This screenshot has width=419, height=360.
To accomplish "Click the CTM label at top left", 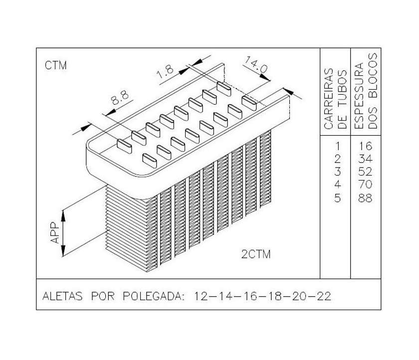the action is pos(55,65).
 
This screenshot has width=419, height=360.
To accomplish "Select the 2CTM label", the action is pos(256,254).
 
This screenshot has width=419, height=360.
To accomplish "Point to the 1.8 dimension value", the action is pos(165,71).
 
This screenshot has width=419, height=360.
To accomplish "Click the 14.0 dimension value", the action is pos(255,64).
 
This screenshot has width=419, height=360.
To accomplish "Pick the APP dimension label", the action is pos(55,233).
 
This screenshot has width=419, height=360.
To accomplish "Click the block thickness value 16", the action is pos(365,146).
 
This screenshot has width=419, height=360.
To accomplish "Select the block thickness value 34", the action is pos(365,159).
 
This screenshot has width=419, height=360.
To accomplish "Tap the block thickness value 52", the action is pos(365,172).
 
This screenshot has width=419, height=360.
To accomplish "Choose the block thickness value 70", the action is pos(365,184).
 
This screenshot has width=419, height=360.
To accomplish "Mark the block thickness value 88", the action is pos(365,198).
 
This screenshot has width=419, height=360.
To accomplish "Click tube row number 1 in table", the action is pos(338,146).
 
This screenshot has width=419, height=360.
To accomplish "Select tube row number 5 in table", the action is pos(338,198).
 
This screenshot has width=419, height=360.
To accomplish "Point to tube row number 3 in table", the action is pos(338,172).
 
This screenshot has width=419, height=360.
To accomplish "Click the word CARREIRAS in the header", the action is pos(329,99).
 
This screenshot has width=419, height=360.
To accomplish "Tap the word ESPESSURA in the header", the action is pos(360,96).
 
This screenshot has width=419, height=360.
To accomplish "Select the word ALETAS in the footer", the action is pos(62,296).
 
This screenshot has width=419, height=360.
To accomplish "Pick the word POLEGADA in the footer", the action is pos(154,296).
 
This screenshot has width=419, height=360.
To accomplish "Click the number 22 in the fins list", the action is pos(324,296).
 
